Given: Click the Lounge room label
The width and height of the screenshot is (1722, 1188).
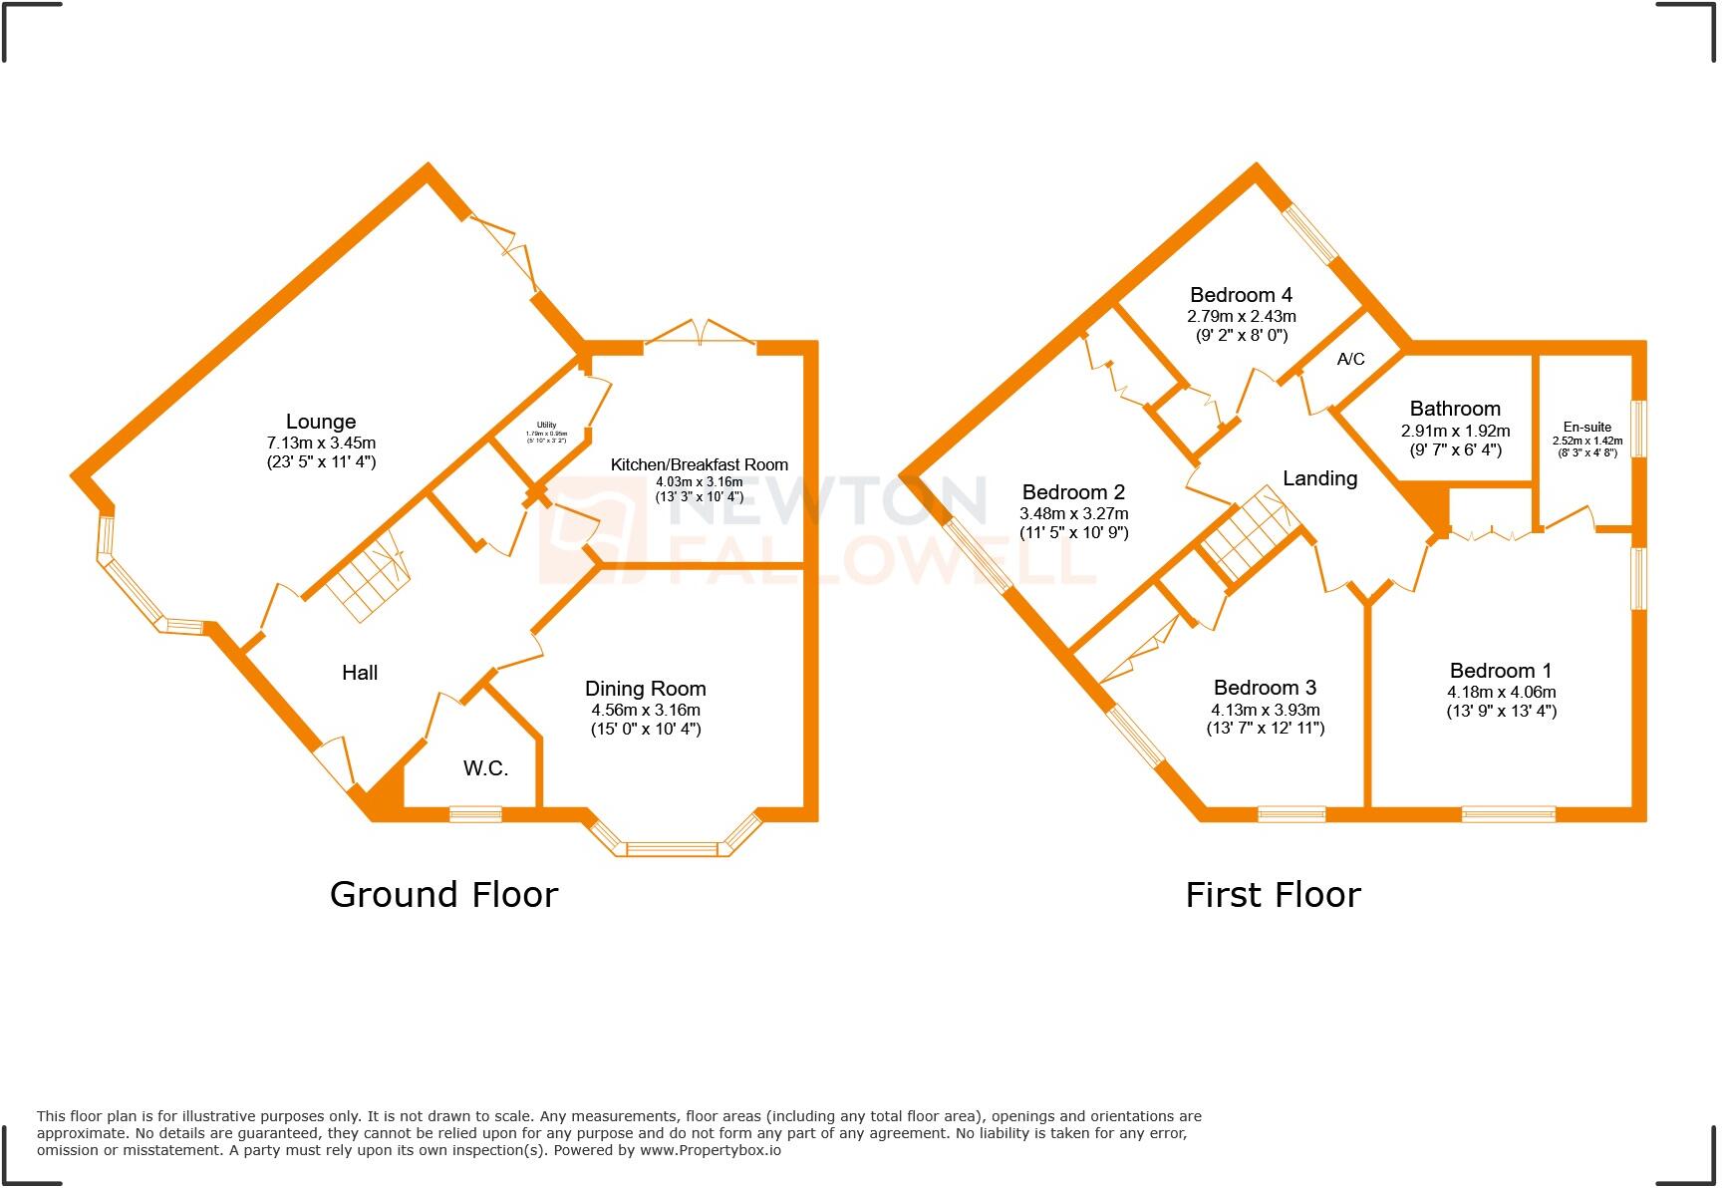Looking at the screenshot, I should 320,422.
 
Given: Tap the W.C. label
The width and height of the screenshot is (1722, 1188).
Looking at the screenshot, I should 485,768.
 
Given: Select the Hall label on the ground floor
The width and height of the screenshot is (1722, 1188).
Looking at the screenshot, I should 360,673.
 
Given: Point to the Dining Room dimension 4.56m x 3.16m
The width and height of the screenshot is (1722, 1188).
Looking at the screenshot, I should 645,711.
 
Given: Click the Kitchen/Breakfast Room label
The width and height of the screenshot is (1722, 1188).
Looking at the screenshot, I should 699,464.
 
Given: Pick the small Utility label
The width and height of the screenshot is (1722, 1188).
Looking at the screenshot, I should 546,426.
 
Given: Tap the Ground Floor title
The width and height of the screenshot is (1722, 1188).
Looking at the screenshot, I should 443,894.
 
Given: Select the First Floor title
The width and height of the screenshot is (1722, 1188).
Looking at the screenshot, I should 1273,894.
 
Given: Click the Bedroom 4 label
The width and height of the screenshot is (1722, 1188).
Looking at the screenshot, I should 1241,295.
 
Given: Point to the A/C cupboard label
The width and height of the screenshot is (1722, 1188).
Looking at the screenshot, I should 1350,359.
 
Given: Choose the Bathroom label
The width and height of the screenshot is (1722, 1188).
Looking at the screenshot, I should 1455,409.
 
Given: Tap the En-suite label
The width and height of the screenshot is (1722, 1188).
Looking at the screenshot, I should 1586,427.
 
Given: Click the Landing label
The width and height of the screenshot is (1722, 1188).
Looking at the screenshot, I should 1319,478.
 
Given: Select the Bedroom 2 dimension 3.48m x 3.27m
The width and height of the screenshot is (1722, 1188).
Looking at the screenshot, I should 1073,514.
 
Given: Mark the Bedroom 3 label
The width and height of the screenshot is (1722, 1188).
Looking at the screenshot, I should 1265,688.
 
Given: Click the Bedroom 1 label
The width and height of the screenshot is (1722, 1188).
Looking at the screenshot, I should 1501,671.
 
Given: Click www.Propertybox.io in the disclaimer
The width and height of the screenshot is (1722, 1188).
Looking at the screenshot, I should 710,1150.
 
